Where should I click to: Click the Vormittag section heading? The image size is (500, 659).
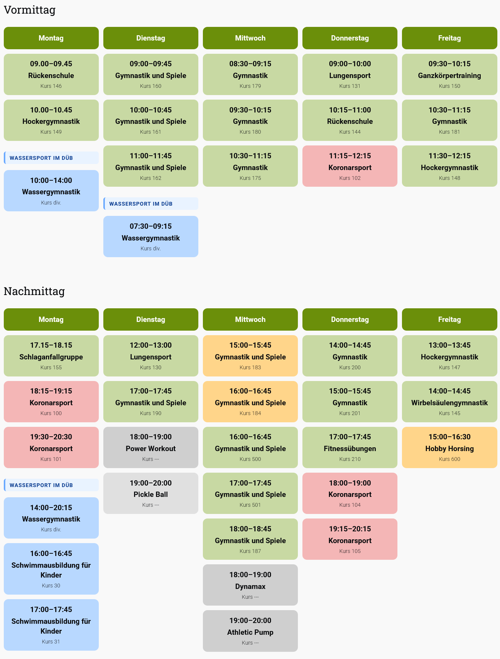coord(30,10)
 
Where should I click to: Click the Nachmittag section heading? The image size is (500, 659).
coord(34,291)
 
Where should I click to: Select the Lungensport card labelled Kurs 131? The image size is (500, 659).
coord(350,75)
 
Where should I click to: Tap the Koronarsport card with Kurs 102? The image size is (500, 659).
coord(350,166)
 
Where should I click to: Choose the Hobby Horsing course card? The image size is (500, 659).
coord(449,448)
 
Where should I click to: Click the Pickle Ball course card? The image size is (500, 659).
coord(151,493)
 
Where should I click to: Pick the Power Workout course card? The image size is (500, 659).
coord(151,448)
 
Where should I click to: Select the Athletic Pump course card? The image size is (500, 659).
coord(250,631)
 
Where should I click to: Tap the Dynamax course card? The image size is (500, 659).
coord(250,585)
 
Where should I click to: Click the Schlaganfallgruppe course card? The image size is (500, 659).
coord(51,356)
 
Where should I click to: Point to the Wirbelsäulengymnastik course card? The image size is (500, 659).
coord(449,402)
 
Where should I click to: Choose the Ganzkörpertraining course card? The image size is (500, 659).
coord(449,75)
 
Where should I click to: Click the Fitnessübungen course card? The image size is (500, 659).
coord(350,448)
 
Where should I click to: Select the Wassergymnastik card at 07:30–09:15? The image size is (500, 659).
coord(151,237)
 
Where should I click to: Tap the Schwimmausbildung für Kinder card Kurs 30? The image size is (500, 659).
coord(51,569)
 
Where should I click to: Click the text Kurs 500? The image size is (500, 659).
coord(250,459)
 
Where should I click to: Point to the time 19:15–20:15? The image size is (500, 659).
coord(350,529)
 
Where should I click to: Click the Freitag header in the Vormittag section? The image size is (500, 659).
coord(449,38)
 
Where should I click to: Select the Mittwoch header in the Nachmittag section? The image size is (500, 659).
coord(250,320)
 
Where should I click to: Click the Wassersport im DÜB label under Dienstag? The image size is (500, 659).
coord(141,204)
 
